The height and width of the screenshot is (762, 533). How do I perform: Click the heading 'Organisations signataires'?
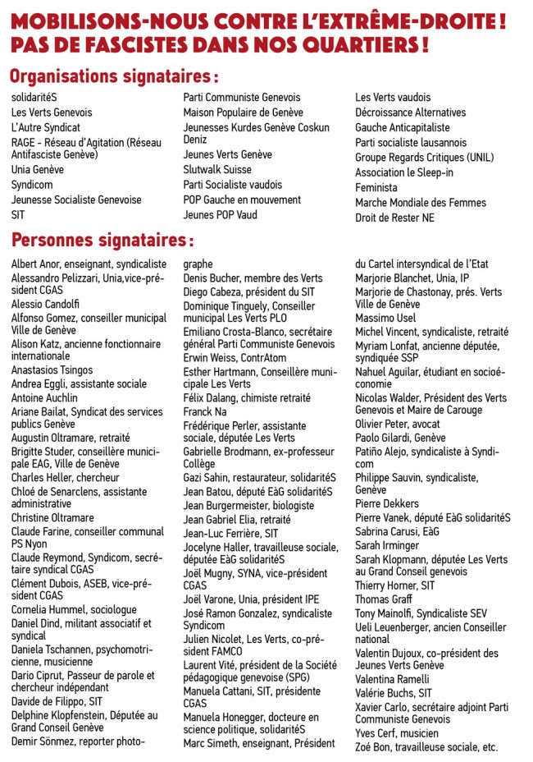(113, 76)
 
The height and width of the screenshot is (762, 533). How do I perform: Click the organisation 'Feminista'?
(376, 188)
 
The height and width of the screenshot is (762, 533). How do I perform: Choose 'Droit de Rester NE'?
(394, 218)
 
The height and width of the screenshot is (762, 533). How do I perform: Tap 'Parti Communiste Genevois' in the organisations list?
(241, 98)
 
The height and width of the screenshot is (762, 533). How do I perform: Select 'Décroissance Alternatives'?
(410, 112)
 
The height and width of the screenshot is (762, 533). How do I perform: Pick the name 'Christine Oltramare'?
(52, 518)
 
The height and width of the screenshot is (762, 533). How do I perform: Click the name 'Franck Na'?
(205, 411)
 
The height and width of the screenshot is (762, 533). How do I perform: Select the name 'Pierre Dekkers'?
(387, 503)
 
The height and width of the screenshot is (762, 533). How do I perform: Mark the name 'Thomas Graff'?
(383, 600)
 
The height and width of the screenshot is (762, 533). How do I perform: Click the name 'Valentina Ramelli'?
(392, 679)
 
